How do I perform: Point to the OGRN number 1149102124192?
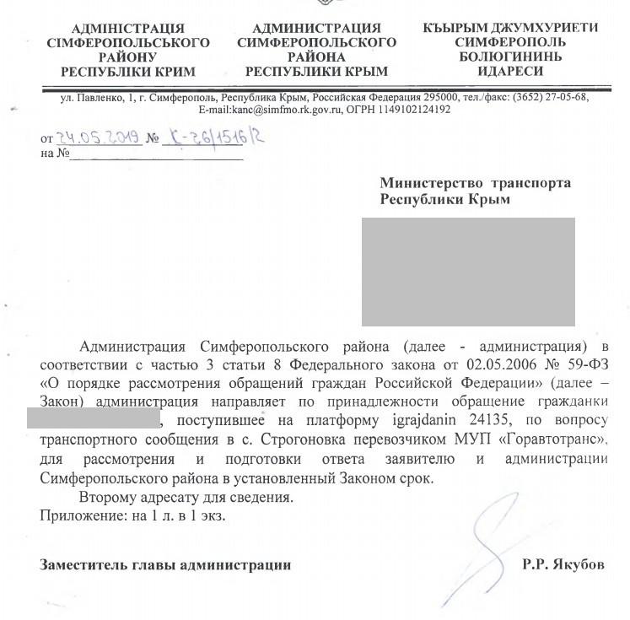pos(416,110)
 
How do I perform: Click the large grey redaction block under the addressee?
pos(468,271)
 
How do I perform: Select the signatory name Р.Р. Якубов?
pos(563,565)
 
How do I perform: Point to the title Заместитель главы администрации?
pos(165,565)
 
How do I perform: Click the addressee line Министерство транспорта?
pos(475,183)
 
